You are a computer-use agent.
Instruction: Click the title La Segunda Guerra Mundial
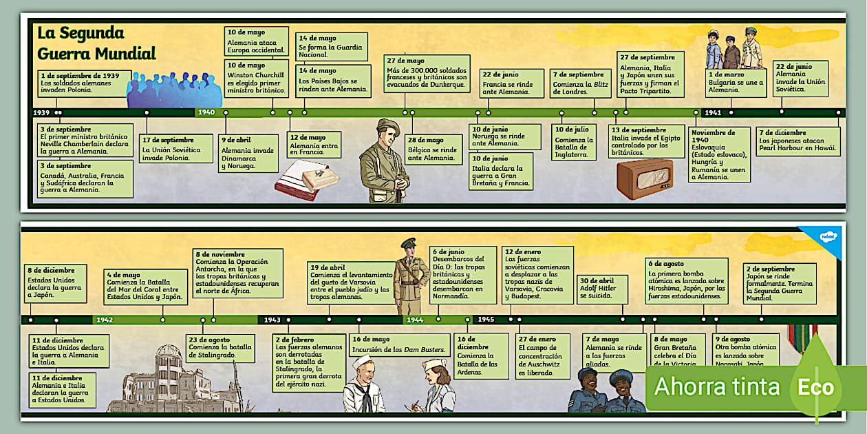(x=96, y=43)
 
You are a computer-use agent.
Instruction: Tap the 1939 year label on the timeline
(x=41, y=112)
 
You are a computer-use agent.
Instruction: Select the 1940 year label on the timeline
(x=206, y=112)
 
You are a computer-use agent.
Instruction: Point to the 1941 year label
(x=713, y=112)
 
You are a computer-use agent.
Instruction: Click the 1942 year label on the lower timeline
(x=105, y=320)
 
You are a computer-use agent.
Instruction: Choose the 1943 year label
(x=272, y=320)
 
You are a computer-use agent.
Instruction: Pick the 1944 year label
(x=415, y=320)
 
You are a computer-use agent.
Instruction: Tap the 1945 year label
(x=486, y=320)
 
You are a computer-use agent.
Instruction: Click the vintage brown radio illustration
(x=644, y=179)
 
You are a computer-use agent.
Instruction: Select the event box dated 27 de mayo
(x=427, y=73)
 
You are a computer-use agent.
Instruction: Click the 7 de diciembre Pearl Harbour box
(x=798, y=141)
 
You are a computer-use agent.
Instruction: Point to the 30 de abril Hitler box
(x=603, y=289)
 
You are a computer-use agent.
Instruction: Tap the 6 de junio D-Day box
(x=463, y=274)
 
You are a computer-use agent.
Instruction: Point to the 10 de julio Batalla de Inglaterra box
(x=574, y=141)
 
